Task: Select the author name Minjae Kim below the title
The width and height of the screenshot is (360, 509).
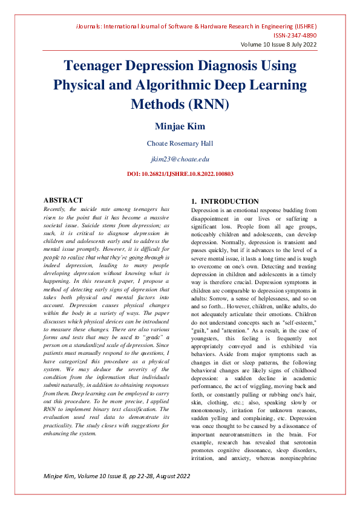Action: click(x=180, y=126)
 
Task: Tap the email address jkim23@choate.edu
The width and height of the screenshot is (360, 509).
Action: click(x=180, y=158)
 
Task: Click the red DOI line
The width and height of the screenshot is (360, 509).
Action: click(x=180, y=173)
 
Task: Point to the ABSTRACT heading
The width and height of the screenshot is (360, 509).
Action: click(x=63, y=200)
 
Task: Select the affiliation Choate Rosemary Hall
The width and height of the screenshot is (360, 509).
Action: click(x=180, y=143)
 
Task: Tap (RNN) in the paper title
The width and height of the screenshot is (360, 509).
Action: click(x=209, y=103)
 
